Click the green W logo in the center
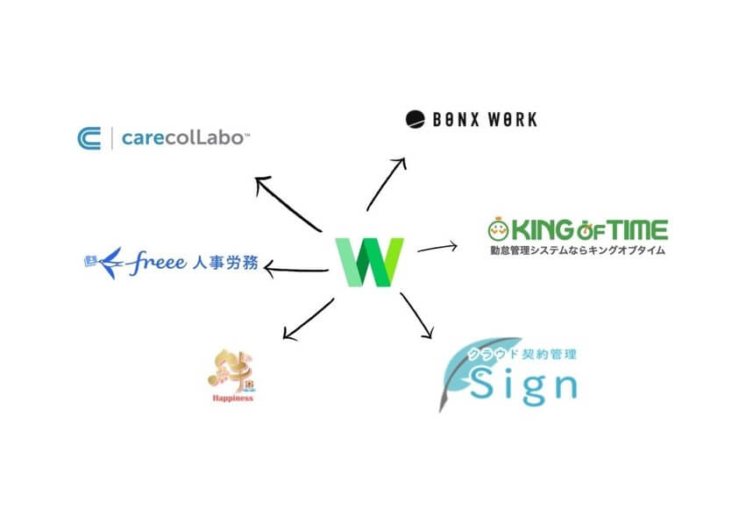pyautogui.click(x=369, y=260)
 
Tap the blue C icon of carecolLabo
pyautogui.click(x=89, y=138)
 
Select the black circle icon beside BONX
pyautogui.click(x=415, y=118)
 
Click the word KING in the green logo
pyautogui.click(x=545, y=230)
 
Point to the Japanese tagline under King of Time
pyautogui.click(x=578, y=250)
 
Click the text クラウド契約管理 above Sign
pyautogui.click(x=526, y=355)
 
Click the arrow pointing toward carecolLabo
pyautogui.click(x=287, y=203)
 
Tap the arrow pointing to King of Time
pyautogui.click(x=437, y=247)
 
